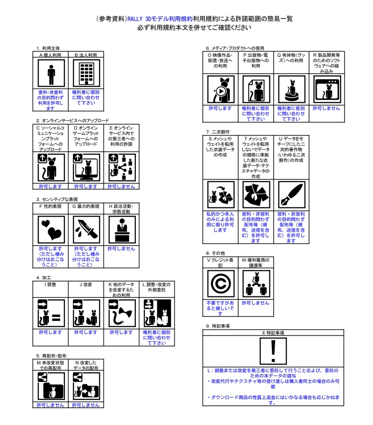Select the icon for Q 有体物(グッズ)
tap(291, 90)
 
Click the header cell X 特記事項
tap(273, 333)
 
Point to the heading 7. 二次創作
tap(218, 132)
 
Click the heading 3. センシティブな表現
tap(57, 199)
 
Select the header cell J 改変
tap(85, 284)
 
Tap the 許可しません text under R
tap(326, 108)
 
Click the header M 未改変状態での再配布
tap(50, 365)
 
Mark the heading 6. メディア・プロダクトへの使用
tap(235, 48)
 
